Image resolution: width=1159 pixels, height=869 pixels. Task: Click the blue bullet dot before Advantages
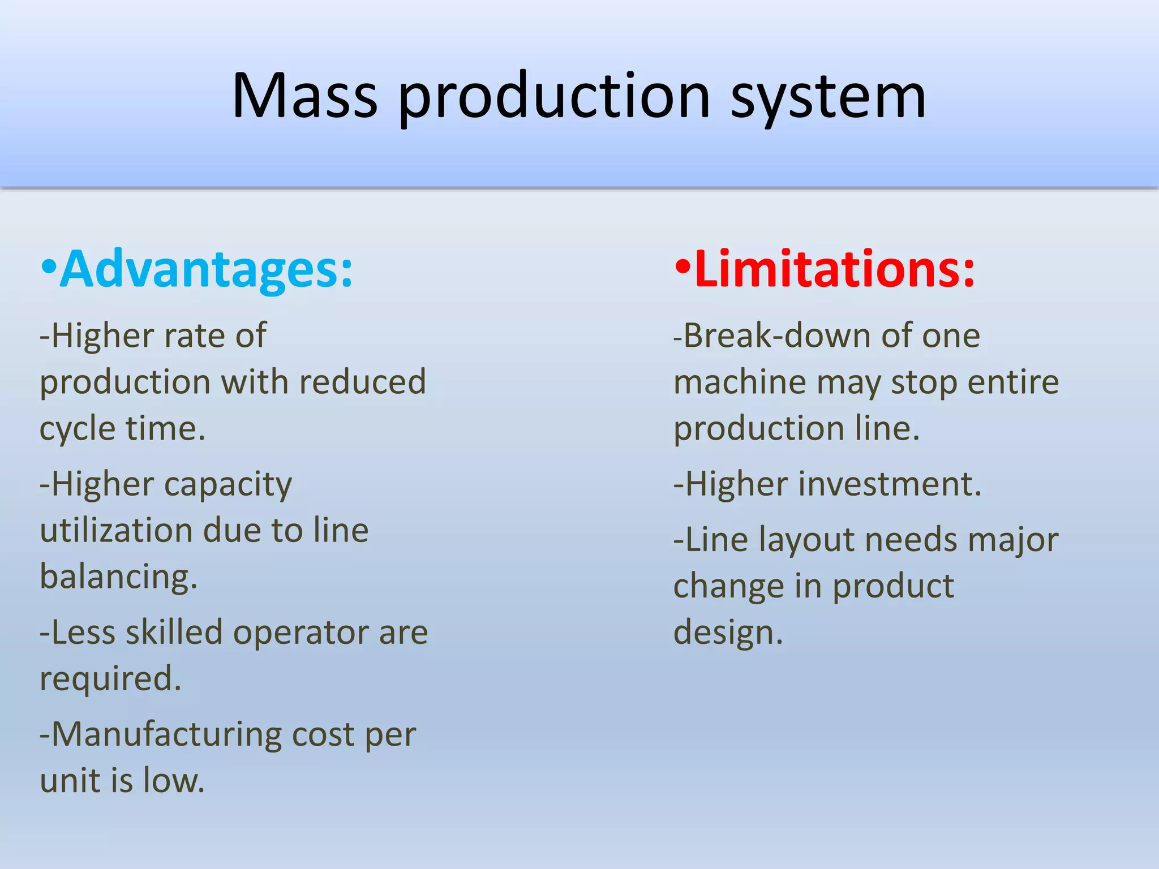[49, 267]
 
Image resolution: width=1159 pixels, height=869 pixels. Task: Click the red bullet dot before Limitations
[683, 267]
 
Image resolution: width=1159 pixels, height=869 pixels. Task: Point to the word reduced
[362, 381]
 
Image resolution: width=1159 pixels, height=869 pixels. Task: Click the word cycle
[78, 429]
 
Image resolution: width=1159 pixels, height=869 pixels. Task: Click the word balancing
[118, 577]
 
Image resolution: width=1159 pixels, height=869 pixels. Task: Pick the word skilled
[174, 633]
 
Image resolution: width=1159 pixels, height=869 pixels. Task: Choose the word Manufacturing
[166, 735]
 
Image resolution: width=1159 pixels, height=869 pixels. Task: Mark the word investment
[889, 485]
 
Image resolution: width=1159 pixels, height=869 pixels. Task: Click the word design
[727, 633]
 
